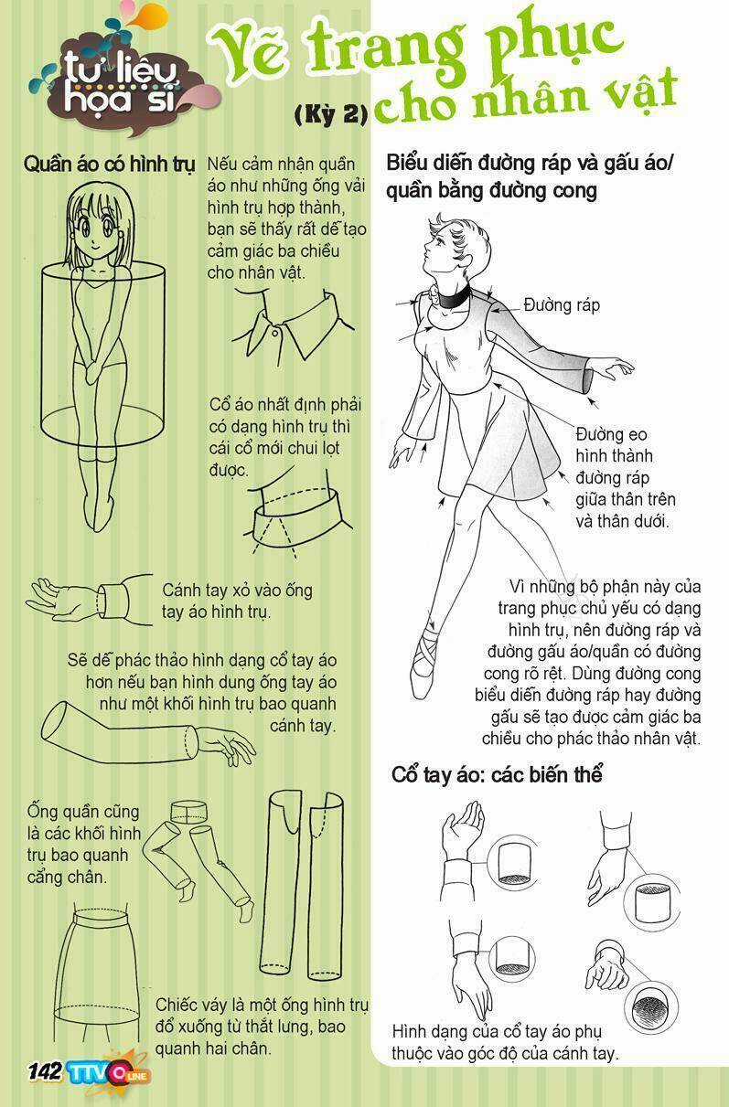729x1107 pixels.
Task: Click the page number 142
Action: click(45, 1072)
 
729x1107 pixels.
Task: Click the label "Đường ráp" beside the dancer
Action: click(562, 305)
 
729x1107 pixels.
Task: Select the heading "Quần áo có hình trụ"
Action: click(109, 164)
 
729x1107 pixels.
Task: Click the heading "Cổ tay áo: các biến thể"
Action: click(497, 774)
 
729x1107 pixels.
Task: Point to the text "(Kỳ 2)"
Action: click(331, 114)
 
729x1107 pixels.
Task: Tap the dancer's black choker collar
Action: click(453, 299)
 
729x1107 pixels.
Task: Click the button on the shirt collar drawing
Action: click(276, 330)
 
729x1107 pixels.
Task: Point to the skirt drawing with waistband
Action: click(97, 977)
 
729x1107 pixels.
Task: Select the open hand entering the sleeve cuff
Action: click(63, 599)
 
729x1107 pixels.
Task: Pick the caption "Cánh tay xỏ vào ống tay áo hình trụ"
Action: click(238, 601)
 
